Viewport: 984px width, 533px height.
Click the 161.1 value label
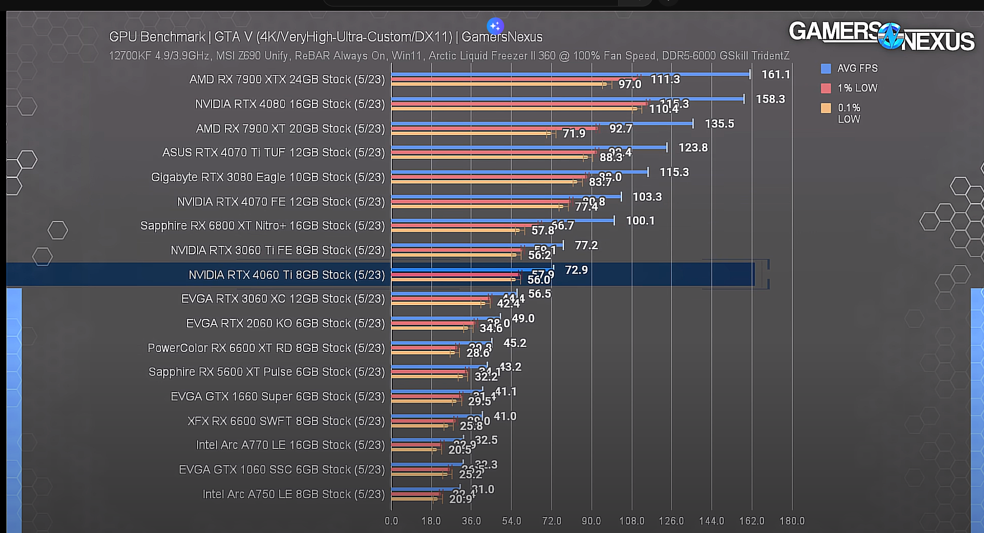pos(775,75)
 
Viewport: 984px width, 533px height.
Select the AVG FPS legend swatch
pos(826,69)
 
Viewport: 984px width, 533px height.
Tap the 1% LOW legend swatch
pos(826,88)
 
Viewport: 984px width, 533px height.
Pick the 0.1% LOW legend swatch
pos(826,108)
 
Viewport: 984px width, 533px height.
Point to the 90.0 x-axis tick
pos(591,521)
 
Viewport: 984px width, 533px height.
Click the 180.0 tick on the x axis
pos(791,521)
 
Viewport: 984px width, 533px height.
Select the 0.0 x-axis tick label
pos(391,521)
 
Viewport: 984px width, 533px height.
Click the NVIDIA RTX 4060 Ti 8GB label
pos(287,275)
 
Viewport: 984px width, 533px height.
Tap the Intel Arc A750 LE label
pos(294,494)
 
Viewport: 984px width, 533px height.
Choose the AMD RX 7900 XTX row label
pos(287,80)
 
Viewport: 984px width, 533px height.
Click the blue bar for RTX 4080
pos(567,99)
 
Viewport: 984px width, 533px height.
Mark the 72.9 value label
pos(576,270)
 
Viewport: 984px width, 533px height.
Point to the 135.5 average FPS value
pos(719,124)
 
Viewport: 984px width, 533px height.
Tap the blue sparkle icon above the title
pos(495,26)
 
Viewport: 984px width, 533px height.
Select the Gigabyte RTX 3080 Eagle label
pos(268,177)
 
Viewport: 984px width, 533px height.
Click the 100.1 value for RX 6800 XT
pos(640,221)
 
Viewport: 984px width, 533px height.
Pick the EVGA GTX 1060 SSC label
pos(282,470)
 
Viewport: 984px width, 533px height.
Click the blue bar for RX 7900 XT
pos(542,123)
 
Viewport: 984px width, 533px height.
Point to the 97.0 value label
pos(630,85)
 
